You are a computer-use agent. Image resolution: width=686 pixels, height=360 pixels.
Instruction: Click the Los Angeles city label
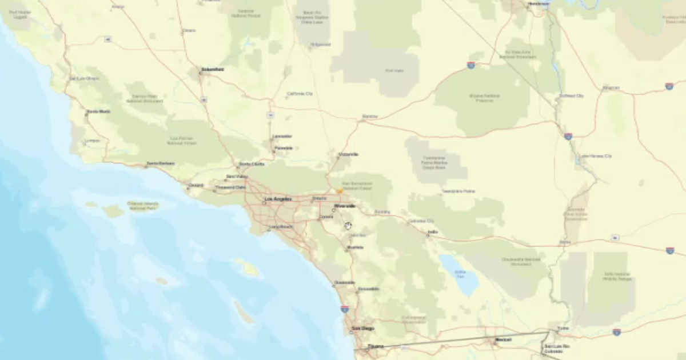pyautogui.click(x=278, y=199)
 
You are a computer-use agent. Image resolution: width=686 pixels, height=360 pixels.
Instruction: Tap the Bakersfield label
pyautogui.click(x=212, y=70)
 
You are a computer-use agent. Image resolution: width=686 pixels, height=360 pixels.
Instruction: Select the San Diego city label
pyautogui.click(x=363, y=329)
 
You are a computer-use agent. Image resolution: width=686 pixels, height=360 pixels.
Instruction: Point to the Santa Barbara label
pyautogui.click(x=161, y=164)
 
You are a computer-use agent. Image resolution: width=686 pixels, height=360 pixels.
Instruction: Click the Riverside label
pyautogui.click(x=345, y=206)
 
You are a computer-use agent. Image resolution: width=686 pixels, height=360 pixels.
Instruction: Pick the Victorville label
pyautogui.click(x=348, y=154)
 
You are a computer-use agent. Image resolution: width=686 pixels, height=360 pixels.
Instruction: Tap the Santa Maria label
pyautogui.click(x=98, y=111)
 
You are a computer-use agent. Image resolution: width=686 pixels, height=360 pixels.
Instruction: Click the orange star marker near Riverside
pyautogui.click(x=340, y=191)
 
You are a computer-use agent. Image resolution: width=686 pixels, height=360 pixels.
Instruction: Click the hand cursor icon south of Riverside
pyautogui.click(x=348, y=226)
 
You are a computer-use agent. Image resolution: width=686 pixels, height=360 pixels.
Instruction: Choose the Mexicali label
pyautogui.click(x=504, y=340)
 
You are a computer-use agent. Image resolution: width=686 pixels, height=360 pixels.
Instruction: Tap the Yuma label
pyautogui.click(x=563, y=329)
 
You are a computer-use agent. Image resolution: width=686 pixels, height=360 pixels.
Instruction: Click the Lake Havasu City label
pyautogui.click(x=596, y=156)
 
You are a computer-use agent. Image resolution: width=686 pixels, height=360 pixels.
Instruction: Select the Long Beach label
pyautogui.click(x=281, y=227)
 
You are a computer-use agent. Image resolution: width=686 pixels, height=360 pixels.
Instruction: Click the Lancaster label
pyautogui.click(x=282, y=136)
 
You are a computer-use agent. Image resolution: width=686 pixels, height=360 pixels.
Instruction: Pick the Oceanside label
pyautogui.click(x=344, y=282)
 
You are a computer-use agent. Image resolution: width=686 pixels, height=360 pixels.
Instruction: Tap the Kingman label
pyautogui.click(x=611, y=87)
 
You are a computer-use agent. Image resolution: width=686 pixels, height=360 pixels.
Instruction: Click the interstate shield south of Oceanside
pyautogui.click(x=345, y=309)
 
